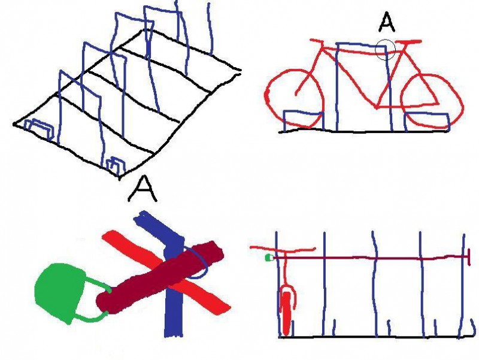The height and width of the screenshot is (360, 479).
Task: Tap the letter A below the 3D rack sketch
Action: tap(143, 189)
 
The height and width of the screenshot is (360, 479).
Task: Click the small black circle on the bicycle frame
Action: tap(385, 49)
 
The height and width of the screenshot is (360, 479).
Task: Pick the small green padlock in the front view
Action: tap(269, 258)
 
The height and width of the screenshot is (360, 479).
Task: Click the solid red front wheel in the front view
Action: tap(286, 313)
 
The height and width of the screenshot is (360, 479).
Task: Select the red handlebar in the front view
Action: tap(283, 249)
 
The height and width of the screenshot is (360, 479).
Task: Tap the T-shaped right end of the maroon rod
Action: tap(469, 257)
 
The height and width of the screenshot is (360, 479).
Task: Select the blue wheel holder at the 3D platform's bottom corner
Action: tap(116, 165)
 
